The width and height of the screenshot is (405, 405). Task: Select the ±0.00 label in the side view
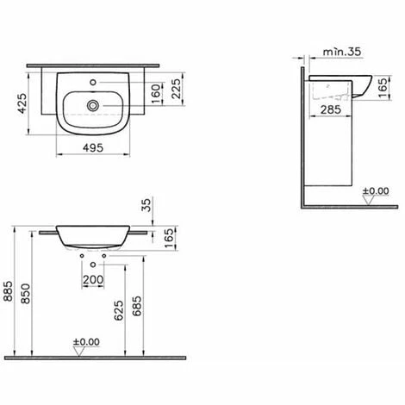pos(377,190)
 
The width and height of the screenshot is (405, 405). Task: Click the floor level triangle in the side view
pos(369,202)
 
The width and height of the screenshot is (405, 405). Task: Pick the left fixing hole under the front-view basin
pos(81,257)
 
